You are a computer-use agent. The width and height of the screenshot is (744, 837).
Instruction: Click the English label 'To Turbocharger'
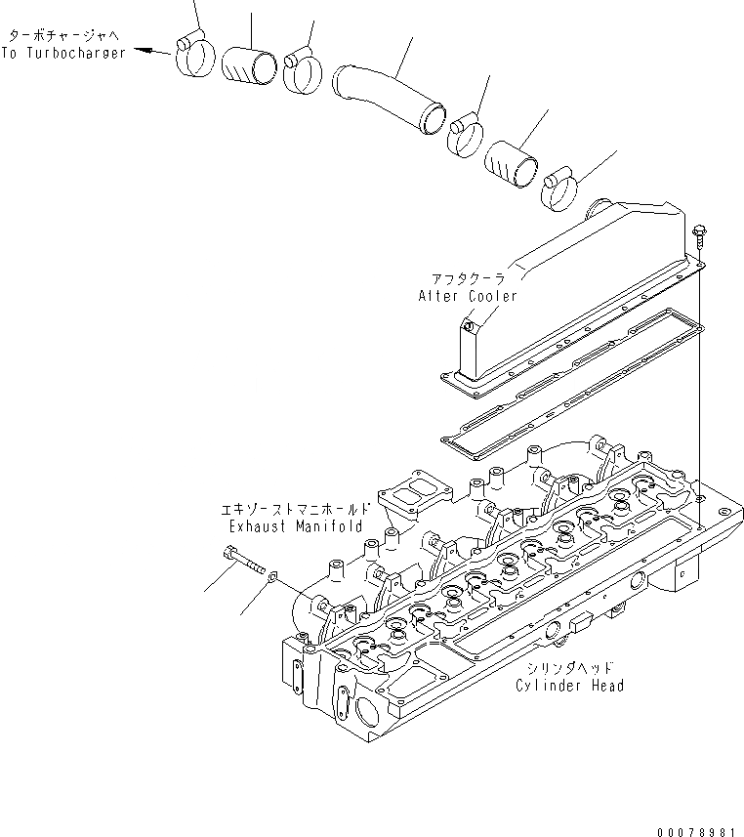pyautogui.click(x=63, y=53)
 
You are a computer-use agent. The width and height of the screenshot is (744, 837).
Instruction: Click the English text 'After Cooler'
pyautogui.click(x=468, y=295)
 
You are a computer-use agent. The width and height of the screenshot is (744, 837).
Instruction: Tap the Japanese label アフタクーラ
pyautogui.click(x=468, y=279)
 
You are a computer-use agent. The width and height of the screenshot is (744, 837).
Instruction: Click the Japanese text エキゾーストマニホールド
pyautogui.click(x=295, y=510)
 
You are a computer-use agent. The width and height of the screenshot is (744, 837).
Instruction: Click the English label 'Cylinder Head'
pyautogui.click(x=571, y=685)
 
